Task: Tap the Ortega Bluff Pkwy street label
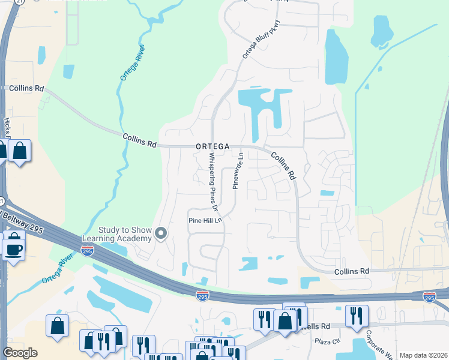pyautogui.click(x=253, y=40)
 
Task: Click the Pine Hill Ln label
pyautogui.click(x=206, y=220)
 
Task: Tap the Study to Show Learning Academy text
pyautogui.click(x=116, y=235)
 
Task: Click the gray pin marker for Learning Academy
pyautogui.click(x=161, y=233)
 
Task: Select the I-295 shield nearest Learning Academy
pyautogui.click(x=88, y=251)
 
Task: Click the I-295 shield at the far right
pyautogui.click(x=429, y=297)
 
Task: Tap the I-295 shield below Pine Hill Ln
pyautogui.click(x=202, y=295)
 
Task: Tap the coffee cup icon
pyautogui.click(x=13, y=247)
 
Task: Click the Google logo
pyautogui.click(x=20, y=352)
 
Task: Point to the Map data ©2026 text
pyautogui.click(x=423, y=355)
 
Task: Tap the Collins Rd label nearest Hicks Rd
pyautogui.click(x=27, y=88)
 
